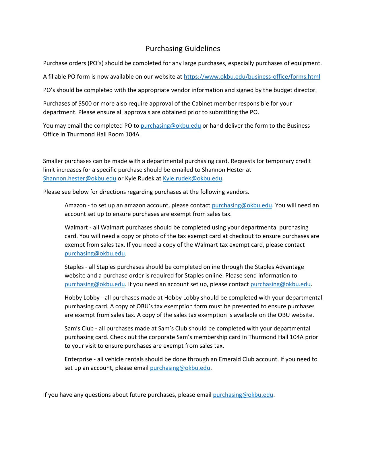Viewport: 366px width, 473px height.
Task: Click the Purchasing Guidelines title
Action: pyautogui.click(x=183, y=48)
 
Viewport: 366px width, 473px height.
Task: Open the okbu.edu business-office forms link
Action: pyautogui.click(x=252, y=77)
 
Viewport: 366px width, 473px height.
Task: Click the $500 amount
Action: pyautogui.click(x=85, y=104)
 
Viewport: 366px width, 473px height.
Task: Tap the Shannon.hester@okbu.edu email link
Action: pyautogui.click(x=80, y=178)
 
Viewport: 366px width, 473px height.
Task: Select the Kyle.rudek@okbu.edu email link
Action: pyautogui.click(x=192, y=178)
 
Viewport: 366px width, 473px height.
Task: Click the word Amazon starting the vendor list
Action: pyautogui.click(x=75, y=205)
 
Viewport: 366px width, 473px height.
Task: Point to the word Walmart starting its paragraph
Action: pyautogui.click(x=76, y=227)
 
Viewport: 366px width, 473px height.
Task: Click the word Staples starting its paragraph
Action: pyautogui.click(x=74, y=267)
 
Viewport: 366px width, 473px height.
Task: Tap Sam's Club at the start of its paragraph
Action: pyautogui.click(x=79, y=328)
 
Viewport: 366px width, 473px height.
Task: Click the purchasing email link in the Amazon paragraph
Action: pyautogui.click(x=242, y=205)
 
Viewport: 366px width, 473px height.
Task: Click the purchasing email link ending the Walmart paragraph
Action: pyautogui.click(x=95, y=253)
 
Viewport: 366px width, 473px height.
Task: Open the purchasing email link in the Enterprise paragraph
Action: pyautogui.click(x=180, y=368)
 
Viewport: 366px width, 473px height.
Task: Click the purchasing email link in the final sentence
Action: pyautogui.click(x=243, y=395)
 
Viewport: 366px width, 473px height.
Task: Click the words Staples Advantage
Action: pyautogui.click(x=279, y=267)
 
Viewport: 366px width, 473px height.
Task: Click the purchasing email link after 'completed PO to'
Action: pyautogui.click(x=171, y=126)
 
